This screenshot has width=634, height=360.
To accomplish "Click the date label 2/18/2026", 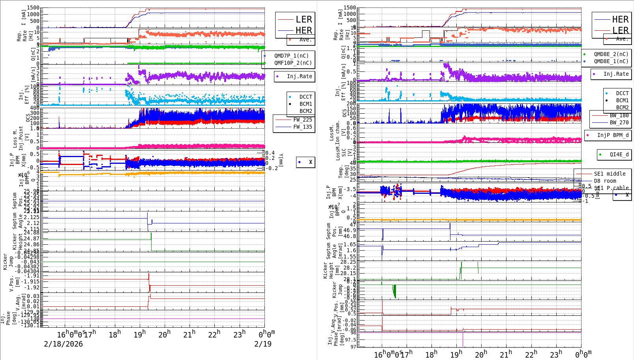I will (x=63, y=344).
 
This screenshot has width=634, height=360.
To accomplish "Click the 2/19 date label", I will (x=263, y=344).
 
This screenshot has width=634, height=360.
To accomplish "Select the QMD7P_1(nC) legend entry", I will (x=291, y=56).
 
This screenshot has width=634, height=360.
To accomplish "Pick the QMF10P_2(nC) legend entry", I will (x=293, y=63).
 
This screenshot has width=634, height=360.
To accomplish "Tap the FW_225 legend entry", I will (x=302, y=120).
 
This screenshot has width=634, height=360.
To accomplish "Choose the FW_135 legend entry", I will (x=302, y=127).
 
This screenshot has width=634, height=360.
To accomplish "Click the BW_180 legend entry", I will (x=619, y=115).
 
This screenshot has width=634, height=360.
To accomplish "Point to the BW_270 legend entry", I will (x=619, y=122).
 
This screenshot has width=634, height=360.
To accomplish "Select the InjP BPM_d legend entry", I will (x=613, y=135).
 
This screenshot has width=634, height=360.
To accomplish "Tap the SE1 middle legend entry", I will (x=610, y=174).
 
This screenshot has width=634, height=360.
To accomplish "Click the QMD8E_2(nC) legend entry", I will (x=611, y=54).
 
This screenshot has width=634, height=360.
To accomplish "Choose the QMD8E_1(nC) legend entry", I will (x=611, y=61).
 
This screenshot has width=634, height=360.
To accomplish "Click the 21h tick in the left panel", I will (x=189, y=335).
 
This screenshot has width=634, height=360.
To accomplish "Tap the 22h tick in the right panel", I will (x=531, y=354).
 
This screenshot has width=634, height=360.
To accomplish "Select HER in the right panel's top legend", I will (x=620, y=19).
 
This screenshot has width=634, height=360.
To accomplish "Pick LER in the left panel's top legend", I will (x=304, y=19).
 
